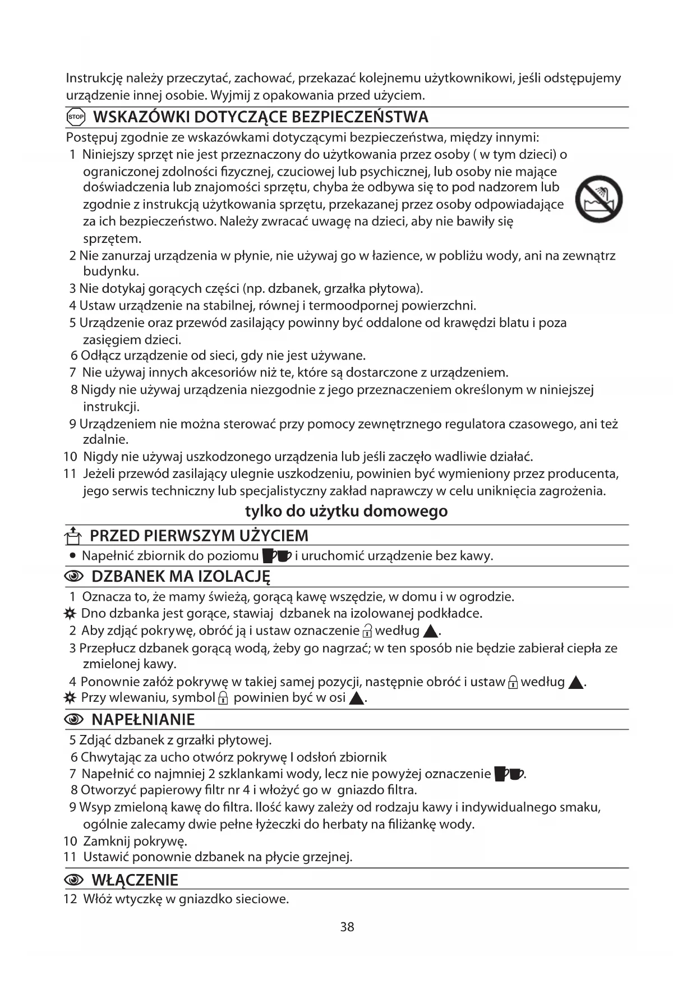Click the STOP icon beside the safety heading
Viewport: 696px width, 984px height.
pos(76,117)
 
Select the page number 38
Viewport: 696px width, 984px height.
pos(347,927)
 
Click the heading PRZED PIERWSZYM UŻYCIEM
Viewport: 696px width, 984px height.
pos(199,536)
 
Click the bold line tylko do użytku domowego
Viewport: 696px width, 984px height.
pos(347,511)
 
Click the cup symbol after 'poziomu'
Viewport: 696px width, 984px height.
pos(277,556)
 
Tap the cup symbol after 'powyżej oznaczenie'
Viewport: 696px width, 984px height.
pos(509,774)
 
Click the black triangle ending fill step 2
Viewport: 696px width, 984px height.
pos(430,632)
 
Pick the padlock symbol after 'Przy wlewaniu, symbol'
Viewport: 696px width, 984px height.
pos(223,698)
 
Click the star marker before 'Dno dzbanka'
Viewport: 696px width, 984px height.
pos(70,613)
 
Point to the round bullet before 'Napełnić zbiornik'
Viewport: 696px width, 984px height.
pos(73,556)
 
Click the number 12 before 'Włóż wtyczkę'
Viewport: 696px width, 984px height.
pos(70,899)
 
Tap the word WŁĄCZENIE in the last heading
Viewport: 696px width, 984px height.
pos(135,880)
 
